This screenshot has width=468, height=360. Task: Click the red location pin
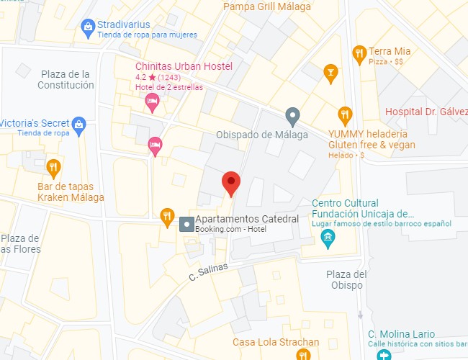click(230, 183)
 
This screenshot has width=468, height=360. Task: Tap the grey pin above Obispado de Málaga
click(292, 114)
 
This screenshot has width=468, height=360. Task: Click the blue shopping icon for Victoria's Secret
click(79, 124)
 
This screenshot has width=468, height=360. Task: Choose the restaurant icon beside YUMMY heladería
click(346, 114)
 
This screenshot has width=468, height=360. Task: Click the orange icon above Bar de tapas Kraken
click(53, 168)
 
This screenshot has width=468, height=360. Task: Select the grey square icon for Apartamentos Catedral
click(186, 224)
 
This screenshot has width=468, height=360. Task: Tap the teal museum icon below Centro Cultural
click(328, 238)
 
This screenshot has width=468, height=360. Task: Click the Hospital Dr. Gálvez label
click(426, 112)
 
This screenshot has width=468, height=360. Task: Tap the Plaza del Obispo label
click(346, 280)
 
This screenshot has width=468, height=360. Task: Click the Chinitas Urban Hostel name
click(184, 66)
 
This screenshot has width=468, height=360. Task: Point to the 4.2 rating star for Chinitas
click(153, 77)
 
